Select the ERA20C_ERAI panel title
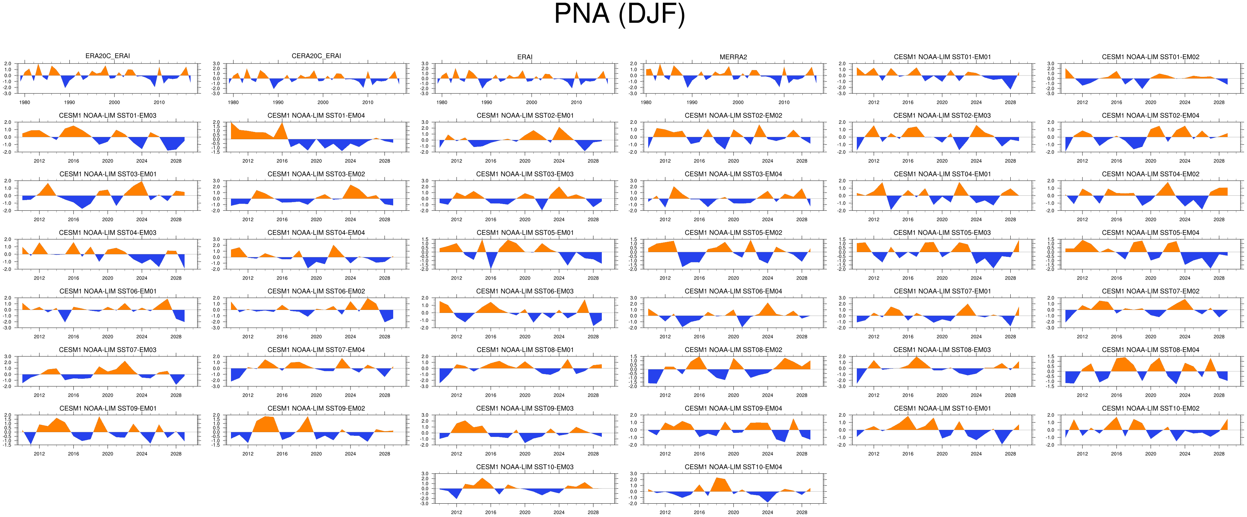pyautogui.click(x=107, y=56)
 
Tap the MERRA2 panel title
pyautogui.click(x=733, y=57)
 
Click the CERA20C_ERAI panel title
pyautogui.click(x=316, y=56)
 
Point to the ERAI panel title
pyautogui.click(x=524, y=57)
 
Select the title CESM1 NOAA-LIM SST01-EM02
pyautogui.click(x=1150, y=57)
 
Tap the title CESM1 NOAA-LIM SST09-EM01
pyautogui.click(x=107, y=408)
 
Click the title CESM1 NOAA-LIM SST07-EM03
pyautogui.click(x=107, y=350)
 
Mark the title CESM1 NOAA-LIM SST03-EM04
pyautogui.click(x=733, y=174)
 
